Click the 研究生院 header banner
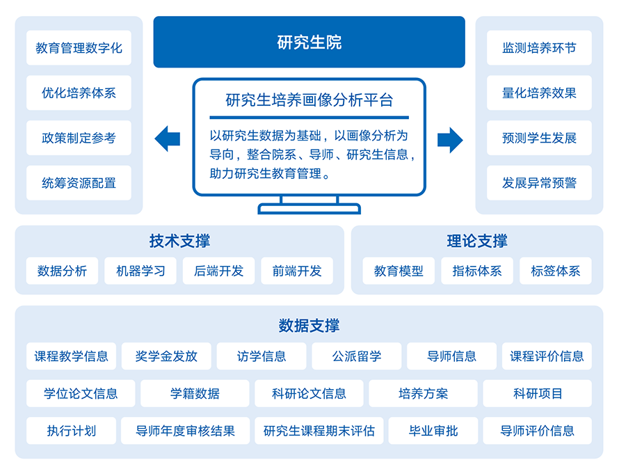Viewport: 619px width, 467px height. point(309,42)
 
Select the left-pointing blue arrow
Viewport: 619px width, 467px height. point(168,138)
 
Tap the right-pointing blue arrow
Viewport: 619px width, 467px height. point(450,140)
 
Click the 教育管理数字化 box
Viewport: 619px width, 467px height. point(79,48)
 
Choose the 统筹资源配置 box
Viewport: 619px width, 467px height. point(79,183)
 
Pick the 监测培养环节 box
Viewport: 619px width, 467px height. point(539,48)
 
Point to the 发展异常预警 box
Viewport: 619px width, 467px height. point(539,183)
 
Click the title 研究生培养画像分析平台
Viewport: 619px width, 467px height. point(309,100)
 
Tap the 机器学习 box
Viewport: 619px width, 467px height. point(140,271)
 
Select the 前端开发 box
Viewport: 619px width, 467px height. point(297,271)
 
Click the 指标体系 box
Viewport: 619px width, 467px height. point(477,271)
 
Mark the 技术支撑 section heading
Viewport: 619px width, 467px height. point(179,241)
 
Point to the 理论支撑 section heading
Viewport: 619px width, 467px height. point(477,241)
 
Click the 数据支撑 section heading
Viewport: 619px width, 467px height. point(309,326)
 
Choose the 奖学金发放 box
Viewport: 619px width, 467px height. point(166,356)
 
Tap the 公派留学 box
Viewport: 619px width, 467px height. point(357,356)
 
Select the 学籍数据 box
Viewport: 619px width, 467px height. point(195,393)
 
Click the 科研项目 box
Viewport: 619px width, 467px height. point(538,393)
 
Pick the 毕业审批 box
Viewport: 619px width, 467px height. point(433,431)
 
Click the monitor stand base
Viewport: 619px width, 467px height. point(309,209)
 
